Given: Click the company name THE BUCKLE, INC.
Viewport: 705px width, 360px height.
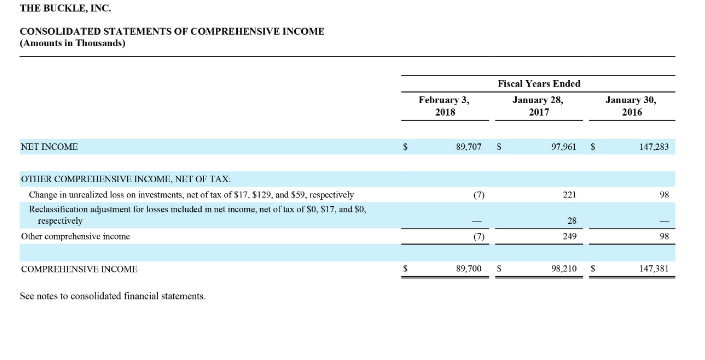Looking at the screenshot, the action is click(62, 8).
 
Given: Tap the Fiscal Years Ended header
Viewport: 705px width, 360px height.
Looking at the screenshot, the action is click(539, 83).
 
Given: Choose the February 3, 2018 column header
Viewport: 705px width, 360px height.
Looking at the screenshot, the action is click(444, 106).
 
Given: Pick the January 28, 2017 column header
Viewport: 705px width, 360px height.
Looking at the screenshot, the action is click(539, 106).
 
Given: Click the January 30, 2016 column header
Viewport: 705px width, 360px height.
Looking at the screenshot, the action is click(632, 106).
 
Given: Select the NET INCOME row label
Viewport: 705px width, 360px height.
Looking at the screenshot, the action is click(49, 146).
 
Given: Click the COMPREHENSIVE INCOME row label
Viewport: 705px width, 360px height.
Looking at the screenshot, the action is click(79, 269).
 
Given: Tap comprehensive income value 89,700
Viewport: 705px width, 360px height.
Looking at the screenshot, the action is click(468, 269).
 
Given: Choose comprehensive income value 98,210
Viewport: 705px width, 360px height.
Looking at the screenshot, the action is click(566, 269).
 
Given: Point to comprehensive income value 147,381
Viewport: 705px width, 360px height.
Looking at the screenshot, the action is click(654, 269).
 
